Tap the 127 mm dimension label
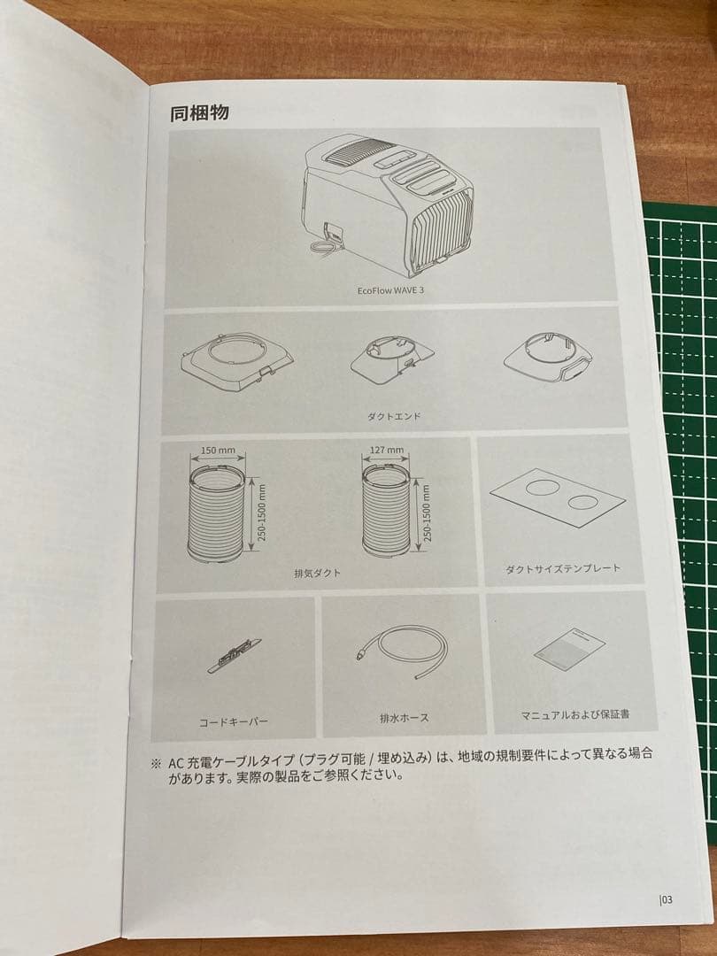tap(387, 451)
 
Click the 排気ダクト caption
tap(317, 573)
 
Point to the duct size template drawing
tap(555, 497)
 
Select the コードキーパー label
tap(234, 721)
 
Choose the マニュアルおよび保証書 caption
tap(575, 713)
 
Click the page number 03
tap(667, 899)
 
